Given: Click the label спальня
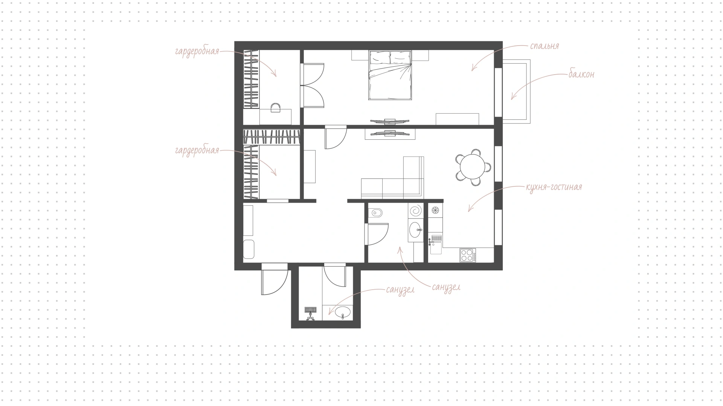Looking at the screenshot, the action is click(x=544, y=46).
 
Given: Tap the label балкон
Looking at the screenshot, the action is click(x=581, y=74).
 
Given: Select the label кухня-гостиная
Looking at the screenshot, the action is click(x=554, y=187).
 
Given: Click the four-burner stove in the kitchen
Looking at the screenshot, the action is click(x=468, y=255).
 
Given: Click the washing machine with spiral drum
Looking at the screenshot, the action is click(x=416, y=211).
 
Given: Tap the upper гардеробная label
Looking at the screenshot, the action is click(x=197, y=51).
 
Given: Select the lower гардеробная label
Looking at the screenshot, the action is click(x=197, y=151).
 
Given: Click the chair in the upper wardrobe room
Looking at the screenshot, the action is click(x=276, y=108).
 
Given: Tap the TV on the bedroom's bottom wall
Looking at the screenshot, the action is click(x=389, y=121).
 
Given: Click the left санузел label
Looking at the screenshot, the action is click(x=400, y=290).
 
